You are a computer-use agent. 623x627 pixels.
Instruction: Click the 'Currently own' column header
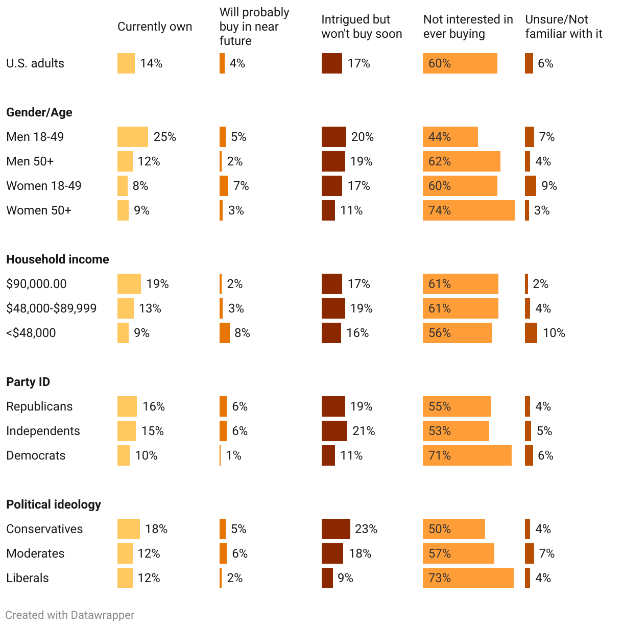(x=155, y=27)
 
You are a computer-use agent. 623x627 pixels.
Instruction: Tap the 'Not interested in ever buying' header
(x=468, y=27)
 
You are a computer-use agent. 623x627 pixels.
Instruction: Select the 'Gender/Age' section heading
(x=39, y=112)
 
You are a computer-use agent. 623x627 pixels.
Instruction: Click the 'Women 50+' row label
(x=39, y=210)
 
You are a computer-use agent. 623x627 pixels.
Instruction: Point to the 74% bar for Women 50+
(x=468, y=210)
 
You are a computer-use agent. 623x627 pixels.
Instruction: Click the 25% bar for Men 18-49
(x=133, y=137)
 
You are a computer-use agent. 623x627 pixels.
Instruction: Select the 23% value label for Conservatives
(x=366, y=529)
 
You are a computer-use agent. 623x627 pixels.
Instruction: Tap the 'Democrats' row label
(x=36, y=455)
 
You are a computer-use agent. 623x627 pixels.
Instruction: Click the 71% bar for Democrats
(x=467, y=455)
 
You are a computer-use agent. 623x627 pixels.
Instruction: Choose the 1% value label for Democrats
(x=233, y=455)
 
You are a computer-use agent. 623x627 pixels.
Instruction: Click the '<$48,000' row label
(x=31, y=333)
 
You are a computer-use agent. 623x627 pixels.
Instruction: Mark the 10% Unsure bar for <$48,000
(x=531, y=333)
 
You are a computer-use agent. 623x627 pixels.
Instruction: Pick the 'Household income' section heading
(x=58, y=259)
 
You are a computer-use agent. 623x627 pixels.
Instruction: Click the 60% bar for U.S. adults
(x=460, y=63)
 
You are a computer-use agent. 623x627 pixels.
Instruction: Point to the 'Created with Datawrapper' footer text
(x=70, y=615)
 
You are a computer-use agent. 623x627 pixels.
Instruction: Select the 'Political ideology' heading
(x=54, y=504)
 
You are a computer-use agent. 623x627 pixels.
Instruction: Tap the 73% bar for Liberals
(x=468, y=578)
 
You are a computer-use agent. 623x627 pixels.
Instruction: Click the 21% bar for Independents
(x=334, y=431)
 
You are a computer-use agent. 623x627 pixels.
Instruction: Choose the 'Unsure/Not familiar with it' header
(x=564, y=27)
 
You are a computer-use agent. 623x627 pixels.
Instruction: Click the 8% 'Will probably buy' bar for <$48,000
(x=225, y=333)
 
